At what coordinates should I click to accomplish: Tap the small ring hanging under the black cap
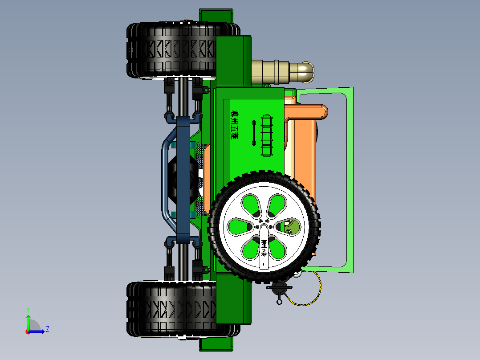[279, 302]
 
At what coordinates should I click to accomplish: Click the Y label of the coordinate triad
[28, 309]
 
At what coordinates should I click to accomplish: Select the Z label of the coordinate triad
[47, 329]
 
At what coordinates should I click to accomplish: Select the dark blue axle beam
[183, 178]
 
